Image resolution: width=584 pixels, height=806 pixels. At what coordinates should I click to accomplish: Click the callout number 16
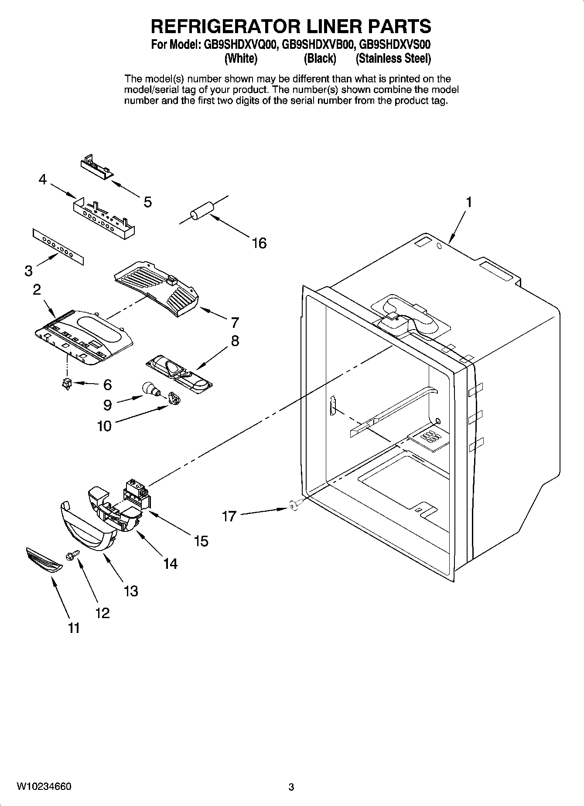click(259, 243)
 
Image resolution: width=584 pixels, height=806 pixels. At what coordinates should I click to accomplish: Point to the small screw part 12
click(71, 555)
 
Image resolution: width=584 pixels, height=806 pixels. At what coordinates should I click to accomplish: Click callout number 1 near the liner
click(469, 202)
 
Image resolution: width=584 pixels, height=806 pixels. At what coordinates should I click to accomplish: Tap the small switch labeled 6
click(67, 383)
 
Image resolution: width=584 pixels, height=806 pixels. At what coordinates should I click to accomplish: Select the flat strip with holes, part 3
click(57, 247)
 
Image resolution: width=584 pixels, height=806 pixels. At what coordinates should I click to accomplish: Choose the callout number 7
click(235, 323)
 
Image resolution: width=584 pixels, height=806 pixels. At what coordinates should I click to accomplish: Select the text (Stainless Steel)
click(393, 58)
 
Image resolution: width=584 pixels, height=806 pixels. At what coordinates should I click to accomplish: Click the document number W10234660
click(44, 786)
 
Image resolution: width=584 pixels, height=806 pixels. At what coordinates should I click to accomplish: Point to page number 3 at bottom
click(291, 787)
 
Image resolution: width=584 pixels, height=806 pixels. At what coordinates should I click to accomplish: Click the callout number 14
click(170, 564)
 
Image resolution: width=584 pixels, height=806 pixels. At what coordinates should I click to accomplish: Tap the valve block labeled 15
click(137, 495)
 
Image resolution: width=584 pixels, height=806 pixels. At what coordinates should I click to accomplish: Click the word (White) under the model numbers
click(241, 58)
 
